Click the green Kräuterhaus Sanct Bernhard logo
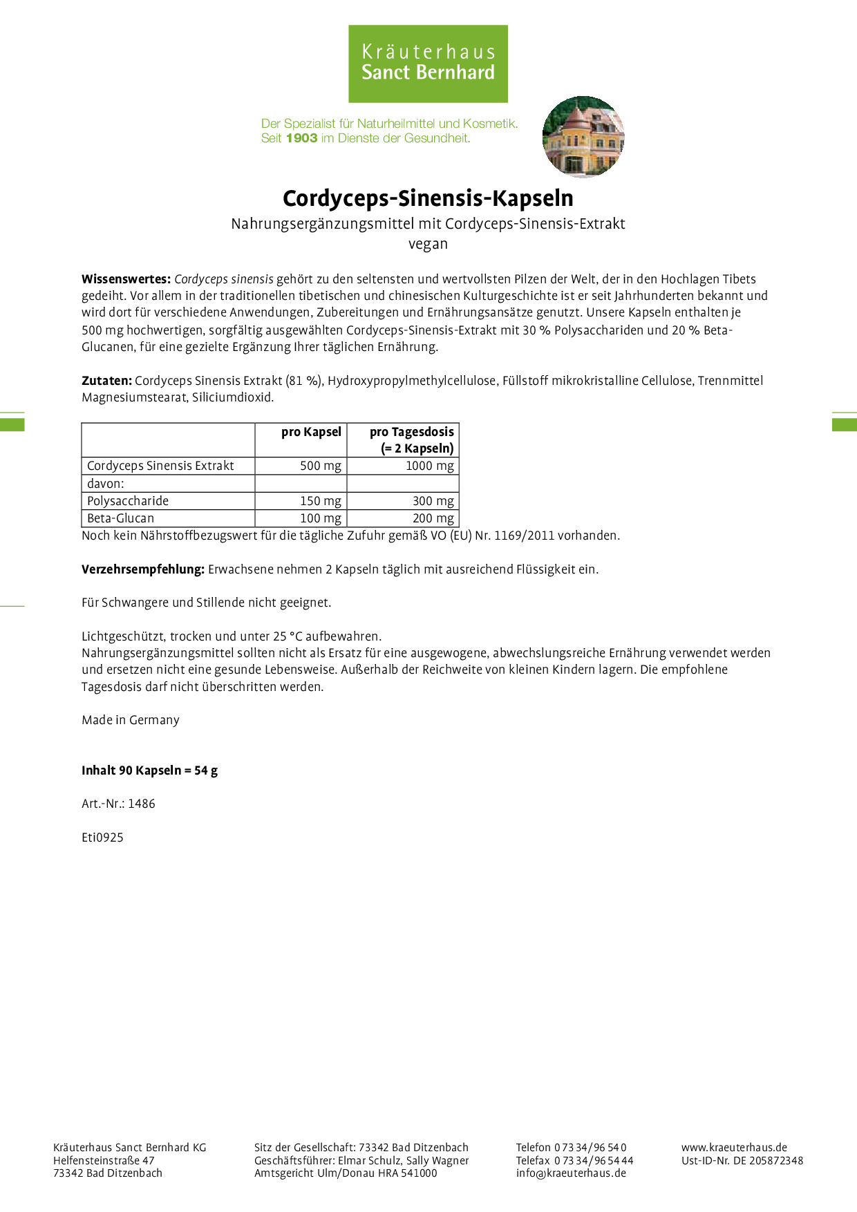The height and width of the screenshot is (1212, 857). click(428, 64)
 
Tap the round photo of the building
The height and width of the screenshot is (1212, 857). click(583, 137)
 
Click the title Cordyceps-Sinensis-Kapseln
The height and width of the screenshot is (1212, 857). click(428, 198)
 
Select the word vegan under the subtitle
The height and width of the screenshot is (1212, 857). click(428, 244)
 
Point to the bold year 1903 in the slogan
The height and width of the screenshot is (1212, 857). click(301, 138)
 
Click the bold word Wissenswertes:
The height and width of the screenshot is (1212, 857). click(126, 279)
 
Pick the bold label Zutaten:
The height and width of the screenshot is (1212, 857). click(106, 380)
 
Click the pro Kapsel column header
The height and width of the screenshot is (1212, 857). click(311, 432)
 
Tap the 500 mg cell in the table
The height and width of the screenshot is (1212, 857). click(320, 466)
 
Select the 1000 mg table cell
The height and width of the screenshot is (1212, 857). click(429, 466)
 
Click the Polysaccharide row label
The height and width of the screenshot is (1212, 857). click(128, 501)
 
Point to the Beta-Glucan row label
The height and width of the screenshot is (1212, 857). click(120, 518)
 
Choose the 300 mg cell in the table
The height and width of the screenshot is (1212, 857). click(433, 501)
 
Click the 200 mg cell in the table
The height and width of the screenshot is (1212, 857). click(433, 518)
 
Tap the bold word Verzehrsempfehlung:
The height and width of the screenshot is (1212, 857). click(143, 569)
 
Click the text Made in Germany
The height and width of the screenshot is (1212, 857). click(131, 720)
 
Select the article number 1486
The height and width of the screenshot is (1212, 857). click(142, 804)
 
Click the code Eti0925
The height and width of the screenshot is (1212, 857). click(102, 837)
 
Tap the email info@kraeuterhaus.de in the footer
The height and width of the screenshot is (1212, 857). click(571, 1173)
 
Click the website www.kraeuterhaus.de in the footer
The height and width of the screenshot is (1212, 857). click(734, 1147)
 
